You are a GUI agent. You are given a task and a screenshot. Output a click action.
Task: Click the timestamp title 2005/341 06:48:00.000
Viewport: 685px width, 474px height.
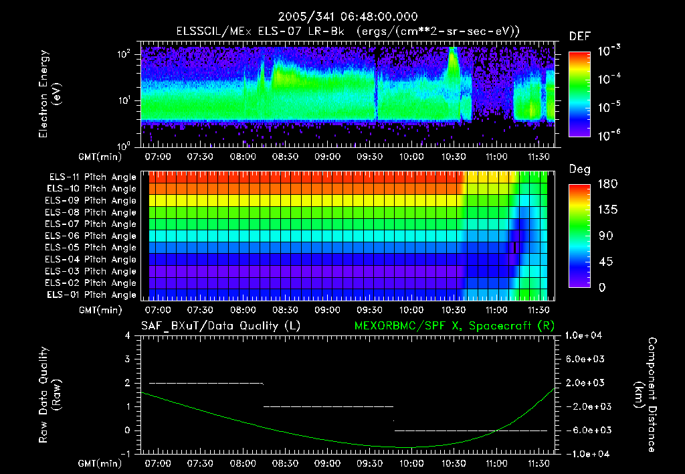coord(342,17)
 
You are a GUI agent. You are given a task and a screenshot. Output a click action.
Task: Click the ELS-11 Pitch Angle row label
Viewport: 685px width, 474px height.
coord(92,177)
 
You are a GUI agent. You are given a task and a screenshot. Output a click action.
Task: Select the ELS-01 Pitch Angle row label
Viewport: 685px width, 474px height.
coord(92,295)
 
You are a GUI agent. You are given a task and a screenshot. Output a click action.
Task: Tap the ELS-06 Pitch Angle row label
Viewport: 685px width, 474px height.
coord(92,236)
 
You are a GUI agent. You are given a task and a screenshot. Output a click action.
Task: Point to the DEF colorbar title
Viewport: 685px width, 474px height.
coord(579,36)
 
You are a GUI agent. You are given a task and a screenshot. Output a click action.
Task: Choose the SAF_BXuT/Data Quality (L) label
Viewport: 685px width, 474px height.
coord(220,326)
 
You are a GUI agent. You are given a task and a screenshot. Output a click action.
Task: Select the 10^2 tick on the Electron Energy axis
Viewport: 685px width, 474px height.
coord(124,54)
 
